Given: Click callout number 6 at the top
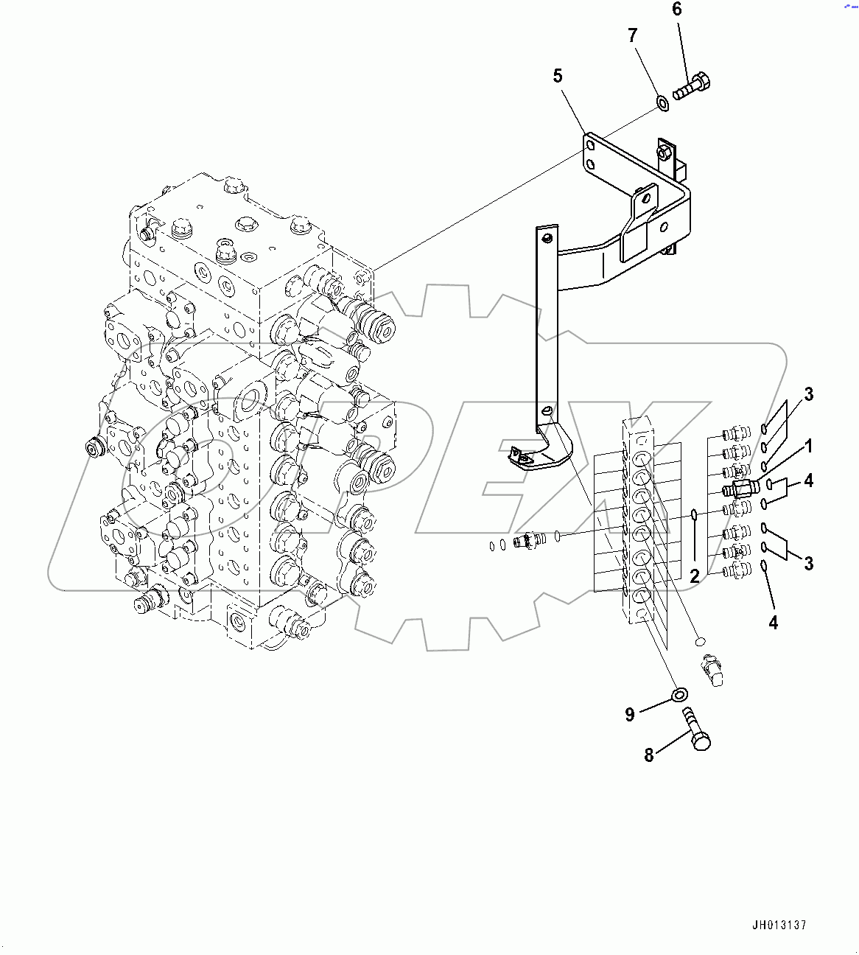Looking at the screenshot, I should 676,10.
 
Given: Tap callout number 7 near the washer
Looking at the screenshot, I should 632,35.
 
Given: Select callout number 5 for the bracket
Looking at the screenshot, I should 558,75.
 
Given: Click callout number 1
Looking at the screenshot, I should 808,446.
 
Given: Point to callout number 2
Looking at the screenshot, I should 695,576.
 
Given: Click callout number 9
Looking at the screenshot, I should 630,714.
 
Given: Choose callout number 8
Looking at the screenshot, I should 649,755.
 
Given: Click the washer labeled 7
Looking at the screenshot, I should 662,101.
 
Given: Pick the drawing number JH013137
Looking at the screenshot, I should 779,925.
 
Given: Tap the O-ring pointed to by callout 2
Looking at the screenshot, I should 694,514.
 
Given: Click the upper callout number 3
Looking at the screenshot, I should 808,394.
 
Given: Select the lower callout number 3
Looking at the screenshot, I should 808,564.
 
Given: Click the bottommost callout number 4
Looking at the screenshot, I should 773,623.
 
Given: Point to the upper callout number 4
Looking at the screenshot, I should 808,480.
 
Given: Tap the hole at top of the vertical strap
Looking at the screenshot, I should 546,237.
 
